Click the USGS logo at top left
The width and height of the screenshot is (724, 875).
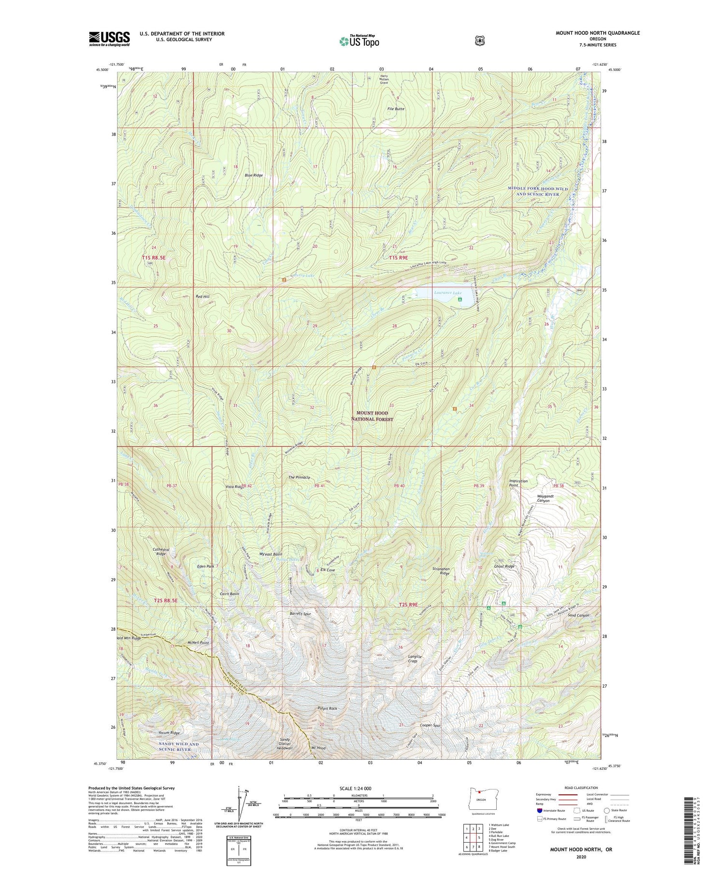pos(110,39)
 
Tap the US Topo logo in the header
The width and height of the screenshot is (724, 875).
pos(359,42)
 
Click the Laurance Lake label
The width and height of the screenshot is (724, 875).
pos(447,292)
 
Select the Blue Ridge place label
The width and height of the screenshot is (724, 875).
pos(253,175)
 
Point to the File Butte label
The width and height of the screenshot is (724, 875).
pos(396,109)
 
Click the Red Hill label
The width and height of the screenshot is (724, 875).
pos(203,296)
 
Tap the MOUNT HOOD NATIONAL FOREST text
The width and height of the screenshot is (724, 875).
pos(372,416)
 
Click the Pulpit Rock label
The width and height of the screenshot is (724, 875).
pos(327,708)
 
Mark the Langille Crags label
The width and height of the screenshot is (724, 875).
pos(415,659)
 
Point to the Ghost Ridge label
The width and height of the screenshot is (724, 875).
pos(504,566)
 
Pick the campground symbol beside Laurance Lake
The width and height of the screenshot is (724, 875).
pos(459,300)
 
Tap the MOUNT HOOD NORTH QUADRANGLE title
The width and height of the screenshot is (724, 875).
pos(598,33)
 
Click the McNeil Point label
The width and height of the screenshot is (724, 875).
pos(198,643)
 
